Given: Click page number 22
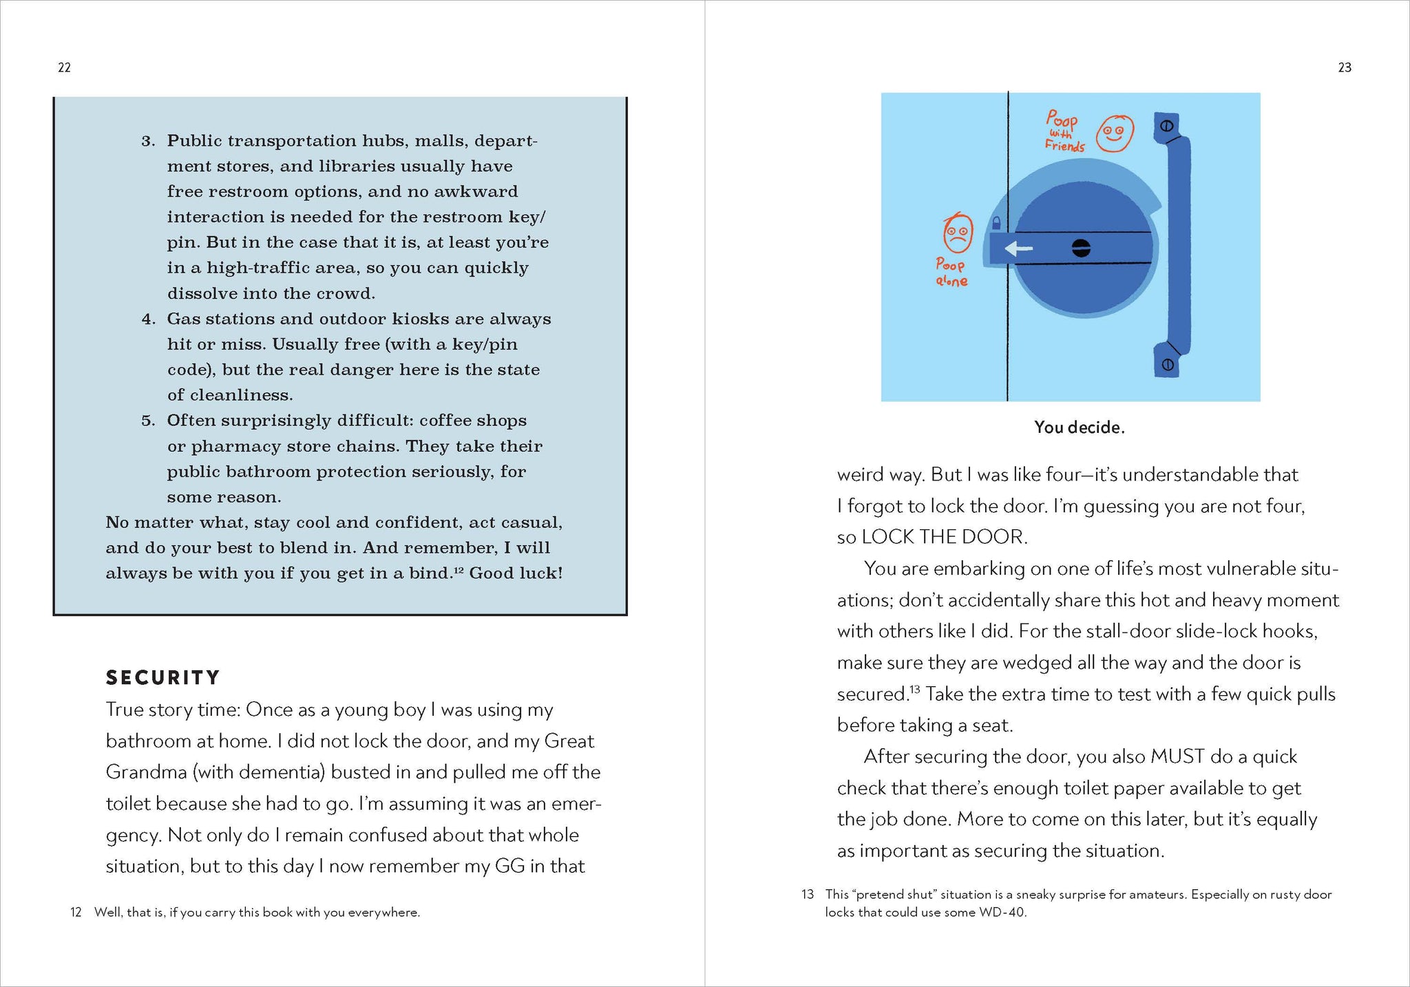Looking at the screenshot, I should pyautogui.click(x=64, y=67).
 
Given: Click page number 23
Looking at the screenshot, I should pyautogui.click(x=1345, y=67).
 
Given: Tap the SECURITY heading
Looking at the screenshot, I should pyautogui.click(x=162, y=678).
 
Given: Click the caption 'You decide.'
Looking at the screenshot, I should pyautogui.click(x=1079, y=427).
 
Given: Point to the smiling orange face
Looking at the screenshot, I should pyautogui.click(x=1115, y=133).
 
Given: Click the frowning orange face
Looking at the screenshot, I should pyautogui.click(x=958, y=234).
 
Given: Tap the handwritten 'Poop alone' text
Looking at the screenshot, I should pyautogui.click(x=951, y=273).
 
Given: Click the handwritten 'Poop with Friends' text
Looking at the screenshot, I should pyautogui.click(x=1064, y=131).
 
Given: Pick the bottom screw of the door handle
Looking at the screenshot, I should pyautogui.click(x=1168, y=365).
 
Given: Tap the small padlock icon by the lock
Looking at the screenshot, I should pyautogui.click(x=996, y=222).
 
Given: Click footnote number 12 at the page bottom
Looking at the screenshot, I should pyautogui.click(x=76, y=913).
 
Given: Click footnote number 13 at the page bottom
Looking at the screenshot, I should pyautogui.click(x=808, y=895).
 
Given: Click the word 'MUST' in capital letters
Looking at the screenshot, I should pyautogui.click(x=1177, y=756).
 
